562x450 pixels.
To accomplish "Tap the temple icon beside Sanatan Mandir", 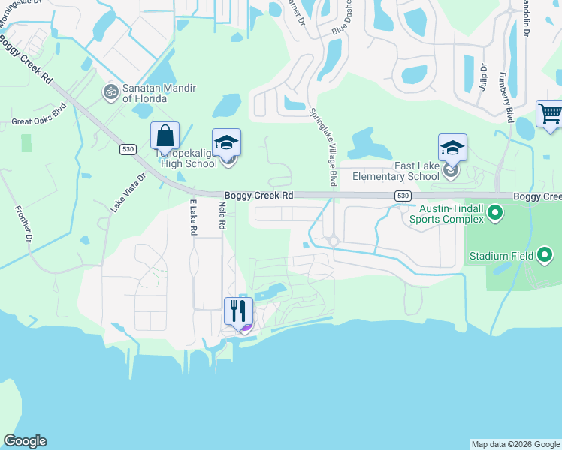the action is (110, 91).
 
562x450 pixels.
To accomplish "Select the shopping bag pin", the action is (165, 137).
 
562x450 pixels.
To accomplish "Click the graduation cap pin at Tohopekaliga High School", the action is (227, 143).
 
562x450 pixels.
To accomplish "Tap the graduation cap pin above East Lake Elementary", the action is (452, 148).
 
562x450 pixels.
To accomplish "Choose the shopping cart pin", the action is (550, 114).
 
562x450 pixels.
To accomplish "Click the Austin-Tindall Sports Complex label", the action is (446, 214).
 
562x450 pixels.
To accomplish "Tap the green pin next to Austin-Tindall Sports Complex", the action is (495, 214).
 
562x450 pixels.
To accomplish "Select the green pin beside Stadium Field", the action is (546, 256).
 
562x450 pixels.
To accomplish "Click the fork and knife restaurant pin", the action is (239, 310).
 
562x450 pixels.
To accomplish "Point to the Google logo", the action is (26, 441).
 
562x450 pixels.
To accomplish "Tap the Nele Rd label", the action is (222, 215).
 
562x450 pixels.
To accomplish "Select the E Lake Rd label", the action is (193, 217).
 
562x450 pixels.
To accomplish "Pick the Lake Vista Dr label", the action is (128, 193).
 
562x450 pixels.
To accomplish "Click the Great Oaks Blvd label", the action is (39, 121).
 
